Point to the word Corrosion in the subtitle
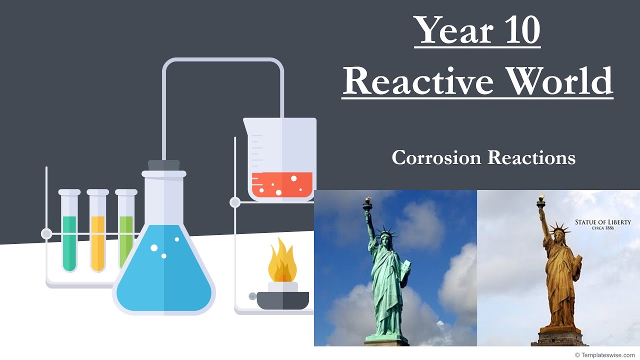pos(436,157)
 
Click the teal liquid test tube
pos(69,242)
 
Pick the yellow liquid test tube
pos(98,242)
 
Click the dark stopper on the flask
pos(164,165)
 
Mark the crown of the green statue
pos(385,231)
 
